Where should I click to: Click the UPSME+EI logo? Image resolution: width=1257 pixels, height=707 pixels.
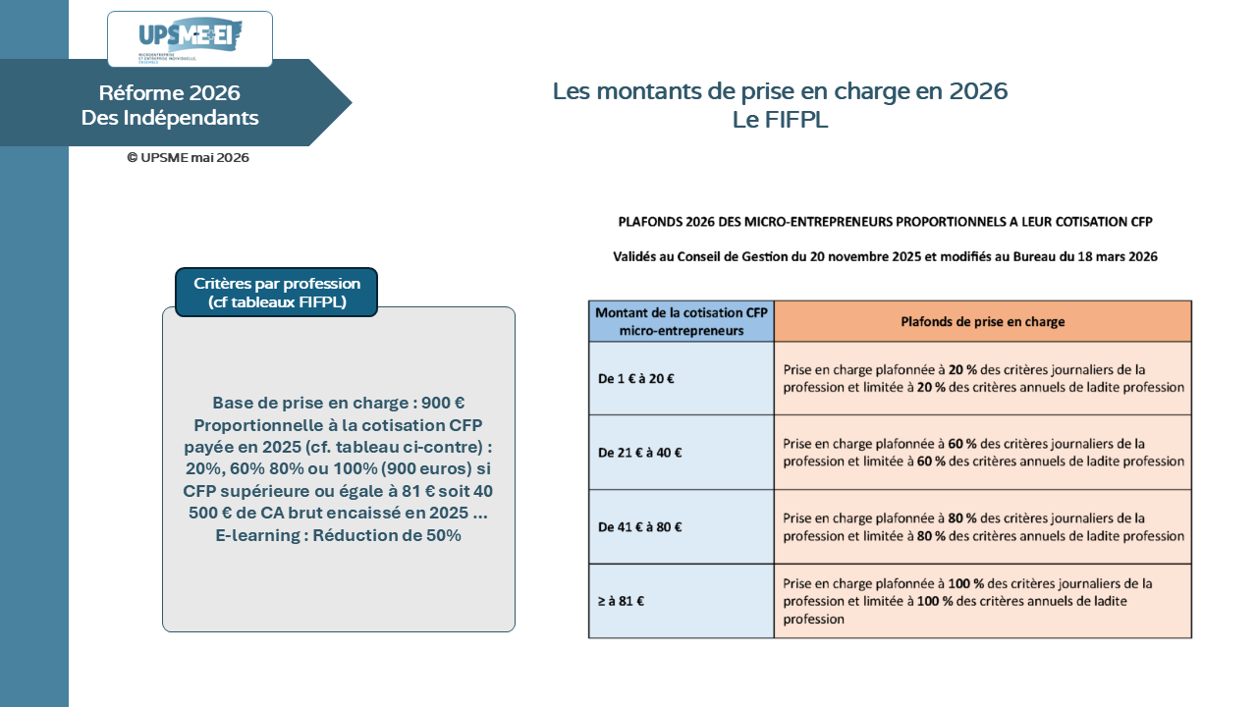190,38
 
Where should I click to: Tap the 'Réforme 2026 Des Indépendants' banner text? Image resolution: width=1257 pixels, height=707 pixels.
170,105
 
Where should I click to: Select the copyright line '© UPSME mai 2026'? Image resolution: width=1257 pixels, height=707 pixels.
188,158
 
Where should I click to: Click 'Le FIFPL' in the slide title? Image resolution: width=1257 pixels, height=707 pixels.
780,120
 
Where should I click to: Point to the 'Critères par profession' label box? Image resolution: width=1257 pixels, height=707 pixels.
277,293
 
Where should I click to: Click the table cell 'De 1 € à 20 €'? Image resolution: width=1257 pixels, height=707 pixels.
682,379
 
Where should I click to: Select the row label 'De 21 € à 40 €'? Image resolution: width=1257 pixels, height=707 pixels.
639,453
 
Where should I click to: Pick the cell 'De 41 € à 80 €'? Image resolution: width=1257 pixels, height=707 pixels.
682,527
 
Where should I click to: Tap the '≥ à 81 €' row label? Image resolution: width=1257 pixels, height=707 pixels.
621,601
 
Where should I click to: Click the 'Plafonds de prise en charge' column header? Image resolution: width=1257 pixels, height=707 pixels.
983,321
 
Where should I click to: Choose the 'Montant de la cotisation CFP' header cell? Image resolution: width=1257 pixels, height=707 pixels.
682,321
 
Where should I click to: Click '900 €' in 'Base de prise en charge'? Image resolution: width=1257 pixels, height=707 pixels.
443,403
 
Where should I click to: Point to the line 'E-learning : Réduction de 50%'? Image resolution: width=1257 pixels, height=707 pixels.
339,535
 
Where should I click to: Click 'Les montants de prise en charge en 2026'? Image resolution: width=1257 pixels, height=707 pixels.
780,91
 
